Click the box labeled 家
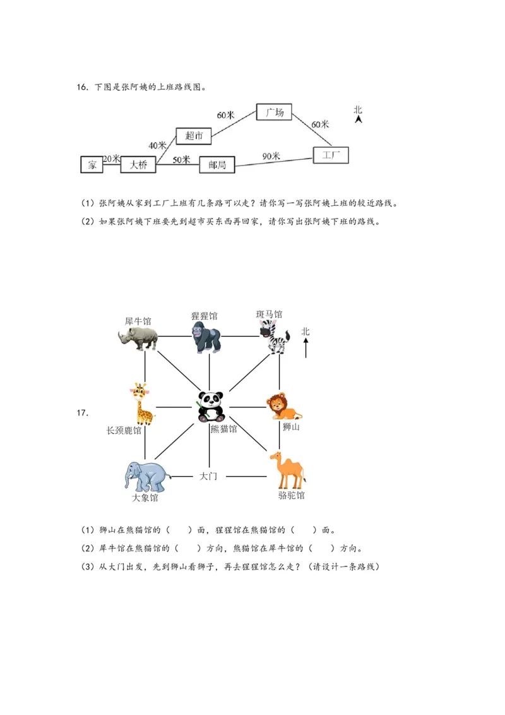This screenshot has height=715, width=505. [92, 164]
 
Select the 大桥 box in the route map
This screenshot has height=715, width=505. [138, 164]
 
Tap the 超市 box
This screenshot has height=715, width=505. [194, 136]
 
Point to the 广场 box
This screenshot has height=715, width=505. [275, 112]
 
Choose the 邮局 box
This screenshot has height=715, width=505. [217, 165]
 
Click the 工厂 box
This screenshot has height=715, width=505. [331, 155]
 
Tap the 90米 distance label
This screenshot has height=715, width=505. [271, 155]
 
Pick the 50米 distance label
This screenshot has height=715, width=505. [181, 160]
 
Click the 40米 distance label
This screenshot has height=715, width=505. [157, 145]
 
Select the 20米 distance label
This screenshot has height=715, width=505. [111, 159]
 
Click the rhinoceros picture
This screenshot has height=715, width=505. [138, 338]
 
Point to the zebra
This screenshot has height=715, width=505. [273, 337]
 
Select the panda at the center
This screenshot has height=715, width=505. [210, 406]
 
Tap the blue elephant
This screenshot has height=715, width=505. [145, 477]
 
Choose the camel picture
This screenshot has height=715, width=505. [288, 471]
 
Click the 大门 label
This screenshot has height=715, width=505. [208, 476]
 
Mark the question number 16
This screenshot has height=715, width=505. [82, 87]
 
